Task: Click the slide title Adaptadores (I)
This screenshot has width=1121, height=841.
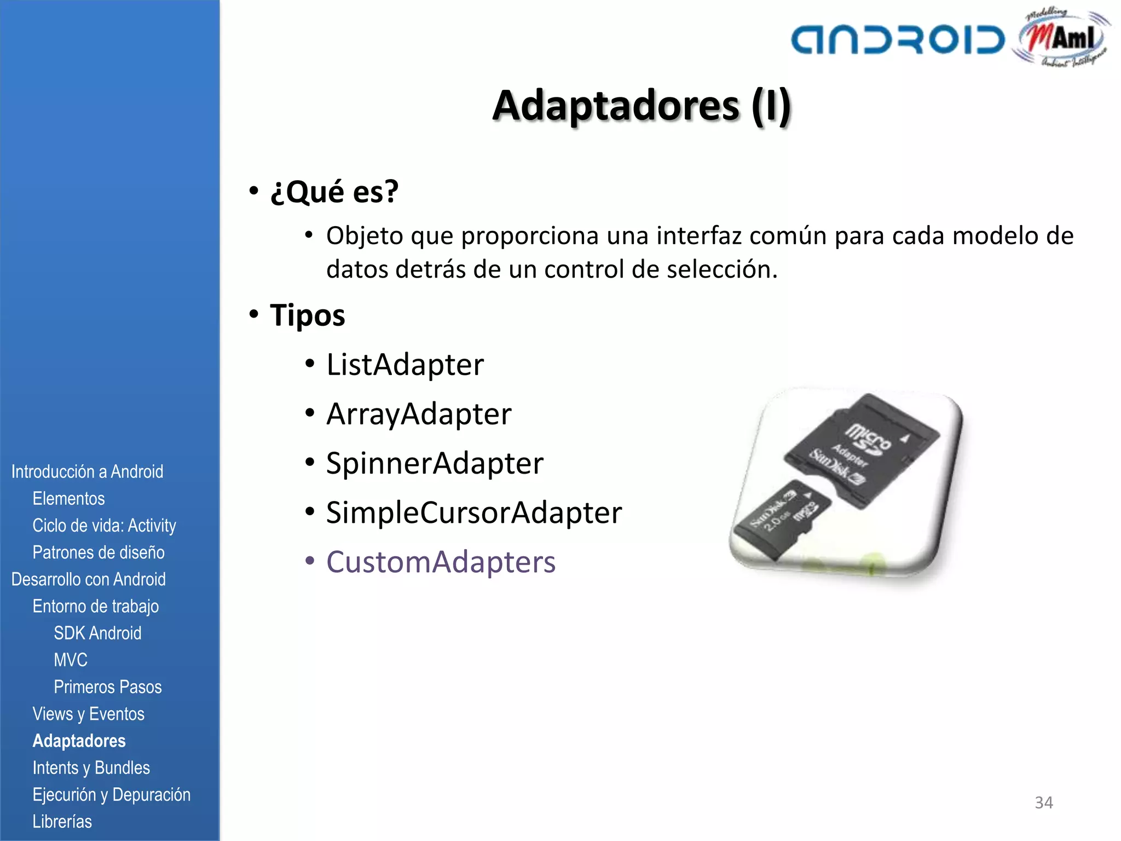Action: click(x=642, y=106)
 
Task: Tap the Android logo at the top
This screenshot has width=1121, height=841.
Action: click(x=898, y=40)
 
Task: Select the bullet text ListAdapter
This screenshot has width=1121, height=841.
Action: click(x=405, y=365)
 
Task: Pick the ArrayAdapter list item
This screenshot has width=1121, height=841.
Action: click(x=419, y=414)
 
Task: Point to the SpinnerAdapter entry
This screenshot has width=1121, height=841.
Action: click(x=435, y=463)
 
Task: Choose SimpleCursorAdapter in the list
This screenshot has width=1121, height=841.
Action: click(x=474, y=512)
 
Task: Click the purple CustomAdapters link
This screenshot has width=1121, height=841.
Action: click(x=441, y=562)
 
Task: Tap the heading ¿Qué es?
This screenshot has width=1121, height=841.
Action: click(x=334, y=192)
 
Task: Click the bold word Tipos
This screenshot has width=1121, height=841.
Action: click(x=307, y=315)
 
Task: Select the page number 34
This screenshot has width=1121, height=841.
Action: click(x=1043, y=803)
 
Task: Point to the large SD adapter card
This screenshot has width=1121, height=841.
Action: click(x=862, y=449)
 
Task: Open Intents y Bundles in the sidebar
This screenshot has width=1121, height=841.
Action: click(x=91, y=768)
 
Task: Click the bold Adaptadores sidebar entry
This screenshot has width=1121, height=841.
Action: click(x=79, y=741)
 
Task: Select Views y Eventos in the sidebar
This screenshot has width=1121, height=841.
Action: click(x=88, y=714)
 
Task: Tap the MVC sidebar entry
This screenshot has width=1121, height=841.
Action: click(x=71, y=660)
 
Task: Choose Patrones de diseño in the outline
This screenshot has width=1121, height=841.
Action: click(x=99, y=552)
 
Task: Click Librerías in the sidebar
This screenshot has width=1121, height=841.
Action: click(x=62, y=821)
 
